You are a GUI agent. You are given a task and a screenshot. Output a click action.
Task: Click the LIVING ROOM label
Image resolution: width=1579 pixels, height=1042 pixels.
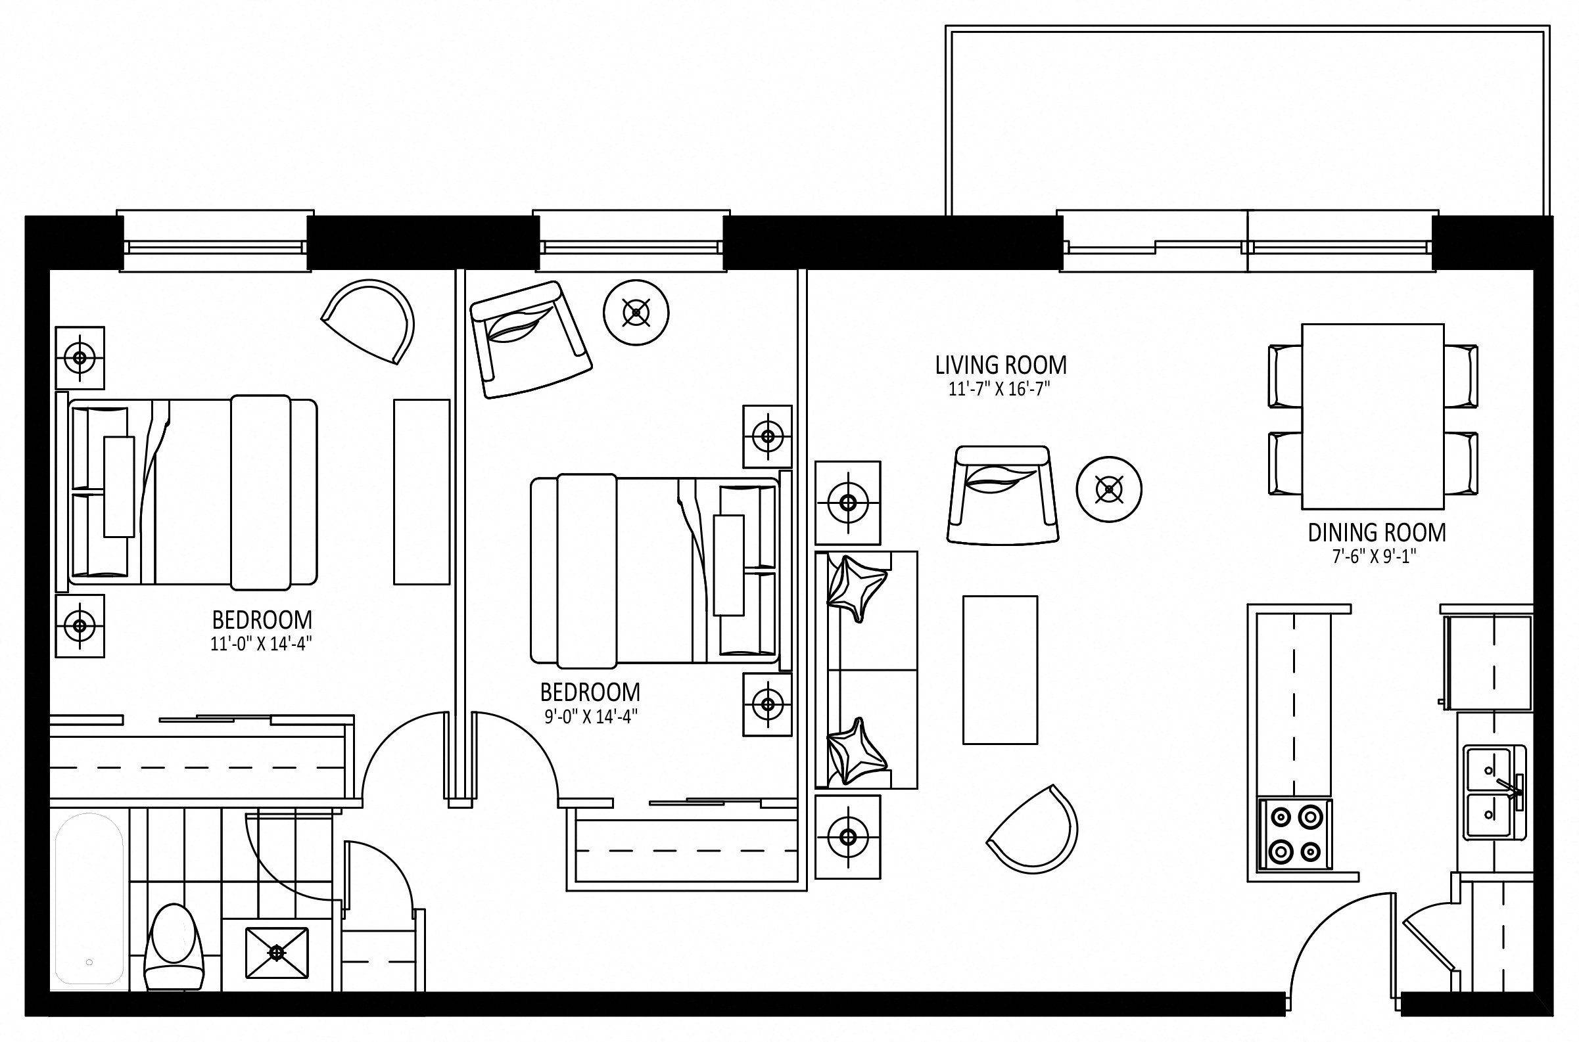1001,365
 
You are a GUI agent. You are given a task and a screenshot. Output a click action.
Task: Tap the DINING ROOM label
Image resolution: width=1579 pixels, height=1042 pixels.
1377,533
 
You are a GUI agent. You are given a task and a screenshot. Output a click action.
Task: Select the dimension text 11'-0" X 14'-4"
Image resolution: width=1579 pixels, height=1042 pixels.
261,644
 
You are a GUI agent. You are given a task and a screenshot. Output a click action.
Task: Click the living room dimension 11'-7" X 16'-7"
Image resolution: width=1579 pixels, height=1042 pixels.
999,390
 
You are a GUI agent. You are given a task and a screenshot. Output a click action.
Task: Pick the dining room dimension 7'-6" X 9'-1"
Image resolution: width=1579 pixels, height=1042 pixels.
1376,556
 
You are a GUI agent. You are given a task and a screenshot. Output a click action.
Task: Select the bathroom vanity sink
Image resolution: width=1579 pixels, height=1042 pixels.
277,953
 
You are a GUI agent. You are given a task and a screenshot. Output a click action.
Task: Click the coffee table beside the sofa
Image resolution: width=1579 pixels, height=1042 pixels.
1000,670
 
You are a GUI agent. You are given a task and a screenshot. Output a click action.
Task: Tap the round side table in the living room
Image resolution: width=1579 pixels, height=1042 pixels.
1109,489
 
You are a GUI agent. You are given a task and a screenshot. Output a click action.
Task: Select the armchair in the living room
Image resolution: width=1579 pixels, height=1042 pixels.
1002,495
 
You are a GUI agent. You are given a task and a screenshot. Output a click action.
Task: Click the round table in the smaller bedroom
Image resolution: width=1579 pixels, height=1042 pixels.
636,312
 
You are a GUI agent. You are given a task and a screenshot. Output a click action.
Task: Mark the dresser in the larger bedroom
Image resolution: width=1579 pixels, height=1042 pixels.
421,491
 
